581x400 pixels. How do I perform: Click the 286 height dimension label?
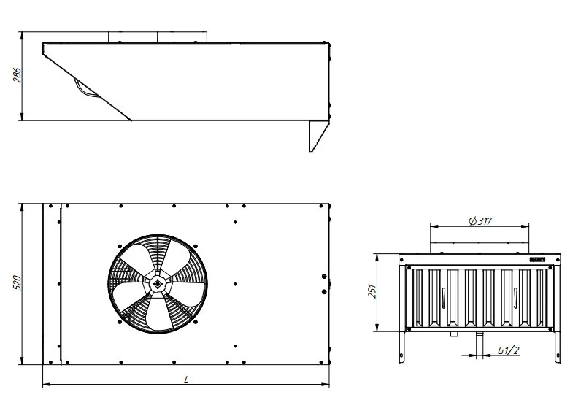coord(17,75)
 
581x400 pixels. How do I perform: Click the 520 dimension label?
coord(17,282)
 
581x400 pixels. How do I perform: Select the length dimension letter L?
coord(186,380)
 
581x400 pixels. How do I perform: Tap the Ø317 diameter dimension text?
coord(480,221)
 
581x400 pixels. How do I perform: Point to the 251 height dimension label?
coord(372,291)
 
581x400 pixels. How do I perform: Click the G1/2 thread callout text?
coord(508,350)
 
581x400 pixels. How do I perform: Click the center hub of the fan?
coord(158,284)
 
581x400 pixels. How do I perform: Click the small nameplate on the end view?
coord(537,260)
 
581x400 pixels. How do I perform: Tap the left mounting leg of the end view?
coord(401,347)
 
